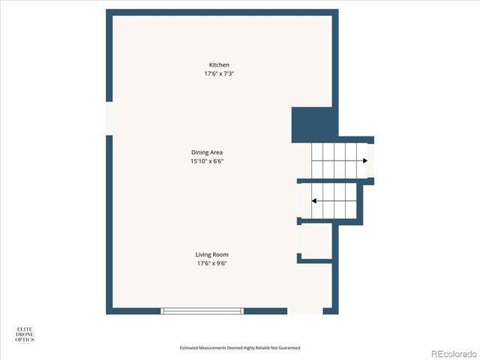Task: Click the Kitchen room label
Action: pos(219,65)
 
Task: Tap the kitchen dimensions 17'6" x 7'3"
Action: pos(219,73)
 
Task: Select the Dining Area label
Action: pos(207,152)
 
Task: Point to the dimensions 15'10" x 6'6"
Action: pos(207,161)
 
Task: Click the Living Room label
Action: pos(211,255)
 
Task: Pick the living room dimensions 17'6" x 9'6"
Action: pos(211,264)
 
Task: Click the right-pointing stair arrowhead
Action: pos(364,160)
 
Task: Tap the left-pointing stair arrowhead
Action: pos(314,201)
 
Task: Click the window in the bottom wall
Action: pos(202,310)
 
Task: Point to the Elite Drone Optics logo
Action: pos(25,334)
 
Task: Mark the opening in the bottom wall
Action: pos(304,310)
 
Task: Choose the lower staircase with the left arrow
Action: pos(334,201)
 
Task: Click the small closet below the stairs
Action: pos(315,241)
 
